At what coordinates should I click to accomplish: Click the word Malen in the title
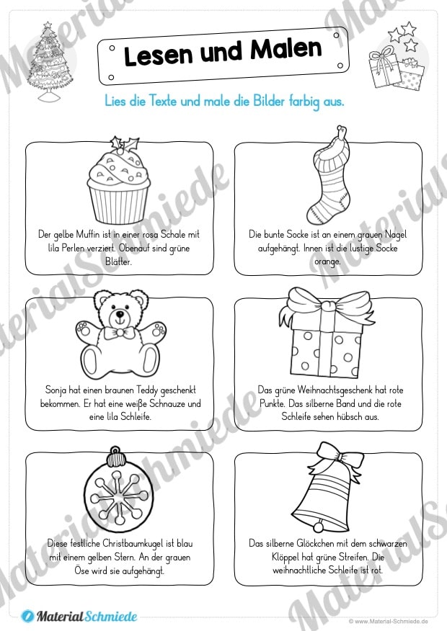pos(286,49)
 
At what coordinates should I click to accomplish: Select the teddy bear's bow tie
pos(119,332)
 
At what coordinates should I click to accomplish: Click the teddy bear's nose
pos(120,313)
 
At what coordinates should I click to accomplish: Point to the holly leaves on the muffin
pos(124,143)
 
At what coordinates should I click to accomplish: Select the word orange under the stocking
pos(327,261)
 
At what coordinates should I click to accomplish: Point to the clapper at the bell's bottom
pos(319,526)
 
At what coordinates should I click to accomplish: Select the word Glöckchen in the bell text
pos(315,544)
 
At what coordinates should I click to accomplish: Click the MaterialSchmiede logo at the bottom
pos(79,616)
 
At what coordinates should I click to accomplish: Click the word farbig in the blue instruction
pos(304,101)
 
